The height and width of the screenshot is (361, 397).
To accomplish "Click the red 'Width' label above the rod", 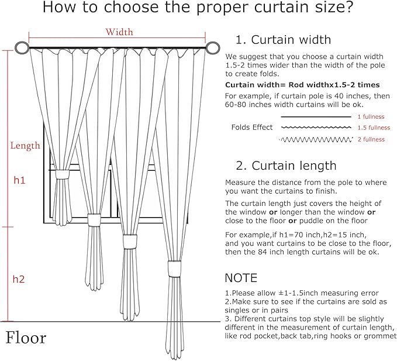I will pos(119,32).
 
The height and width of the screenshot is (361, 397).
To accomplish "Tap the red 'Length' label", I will pos(25,146).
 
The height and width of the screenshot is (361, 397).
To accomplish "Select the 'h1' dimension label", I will pos(19,181).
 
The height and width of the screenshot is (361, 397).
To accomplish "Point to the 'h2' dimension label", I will pos(19,279).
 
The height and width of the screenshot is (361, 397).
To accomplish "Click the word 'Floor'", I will pos(26,338).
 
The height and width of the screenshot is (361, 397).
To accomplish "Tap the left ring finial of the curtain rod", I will pos(22,48).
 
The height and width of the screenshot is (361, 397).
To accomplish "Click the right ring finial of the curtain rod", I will pos(215,48).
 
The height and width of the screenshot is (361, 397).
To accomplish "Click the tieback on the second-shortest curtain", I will pos(94,219).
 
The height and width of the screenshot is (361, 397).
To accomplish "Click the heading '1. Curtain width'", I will pos(283,40).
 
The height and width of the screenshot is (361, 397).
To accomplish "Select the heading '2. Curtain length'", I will pos(286,166).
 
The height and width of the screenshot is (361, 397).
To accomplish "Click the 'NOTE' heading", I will pos(241,277).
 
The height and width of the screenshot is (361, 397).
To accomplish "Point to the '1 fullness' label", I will pos(370,117).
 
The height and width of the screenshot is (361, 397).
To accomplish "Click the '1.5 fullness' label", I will pos(373,128).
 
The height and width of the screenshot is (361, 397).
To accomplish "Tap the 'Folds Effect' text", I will pos(251,128).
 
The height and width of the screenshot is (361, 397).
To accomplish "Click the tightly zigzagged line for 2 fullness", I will pos(316,139).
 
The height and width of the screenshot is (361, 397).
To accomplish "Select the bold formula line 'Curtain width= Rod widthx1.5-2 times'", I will pos(302,85).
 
